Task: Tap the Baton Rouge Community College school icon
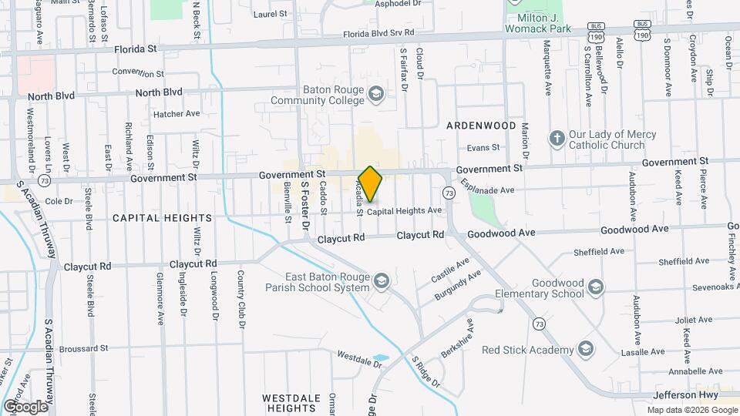point(375,95)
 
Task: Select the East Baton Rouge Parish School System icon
point(381,283)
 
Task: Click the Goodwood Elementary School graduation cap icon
point(594,288)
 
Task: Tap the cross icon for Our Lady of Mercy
point(557,139)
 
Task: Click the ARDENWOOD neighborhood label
point(480,125)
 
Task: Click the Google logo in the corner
point(25,406)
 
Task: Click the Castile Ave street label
point(451,269)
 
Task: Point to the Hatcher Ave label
point(177,113)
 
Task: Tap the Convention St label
point(138,73)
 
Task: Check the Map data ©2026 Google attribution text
point(691,409)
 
